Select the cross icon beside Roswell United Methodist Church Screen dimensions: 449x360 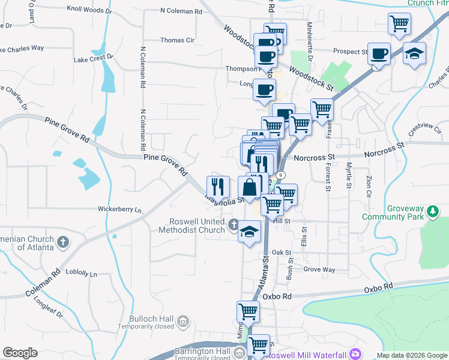pos(234,226)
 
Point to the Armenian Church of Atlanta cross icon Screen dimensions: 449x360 pos(63,243)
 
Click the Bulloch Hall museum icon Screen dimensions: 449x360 pos(184,322)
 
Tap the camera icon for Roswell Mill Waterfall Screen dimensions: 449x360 pos(355,353)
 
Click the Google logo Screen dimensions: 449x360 pos(20,353)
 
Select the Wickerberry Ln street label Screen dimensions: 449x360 pos(120,210)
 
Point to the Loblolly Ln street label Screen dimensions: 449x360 pos(81,274)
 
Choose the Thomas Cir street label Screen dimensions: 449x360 pos(177,40)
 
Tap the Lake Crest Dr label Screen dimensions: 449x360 pos(94,58)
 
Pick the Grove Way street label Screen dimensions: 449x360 pos(319,270)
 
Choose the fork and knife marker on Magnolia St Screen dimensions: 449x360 pos(218,187)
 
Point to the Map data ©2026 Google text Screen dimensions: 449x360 pos(412,355)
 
